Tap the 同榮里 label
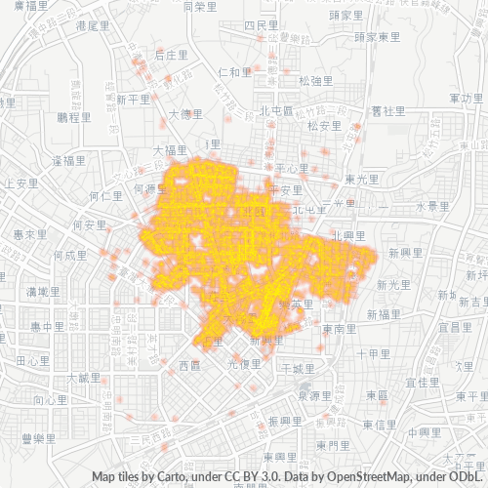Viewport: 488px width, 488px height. (x=199, y=6)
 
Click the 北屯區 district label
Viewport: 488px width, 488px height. (x=277, y=110)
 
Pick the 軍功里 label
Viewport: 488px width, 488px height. (x=466, y=99)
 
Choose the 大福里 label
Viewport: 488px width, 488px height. (x=170, y=150)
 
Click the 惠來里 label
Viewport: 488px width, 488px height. (x=30, y=235)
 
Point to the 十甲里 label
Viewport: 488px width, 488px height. (x=374, y=353)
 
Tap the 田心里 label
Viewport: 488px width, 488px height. (x=34, y=360)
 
